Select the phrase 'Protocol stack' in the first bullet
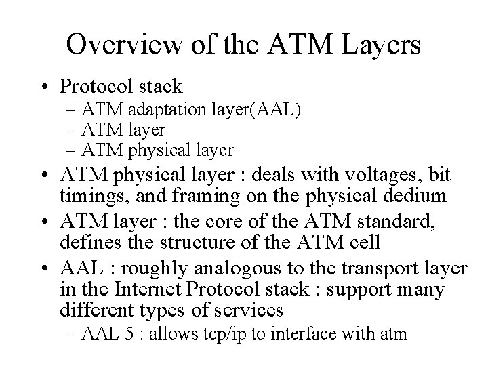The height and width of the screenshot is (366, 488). [x=121, y=87]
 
